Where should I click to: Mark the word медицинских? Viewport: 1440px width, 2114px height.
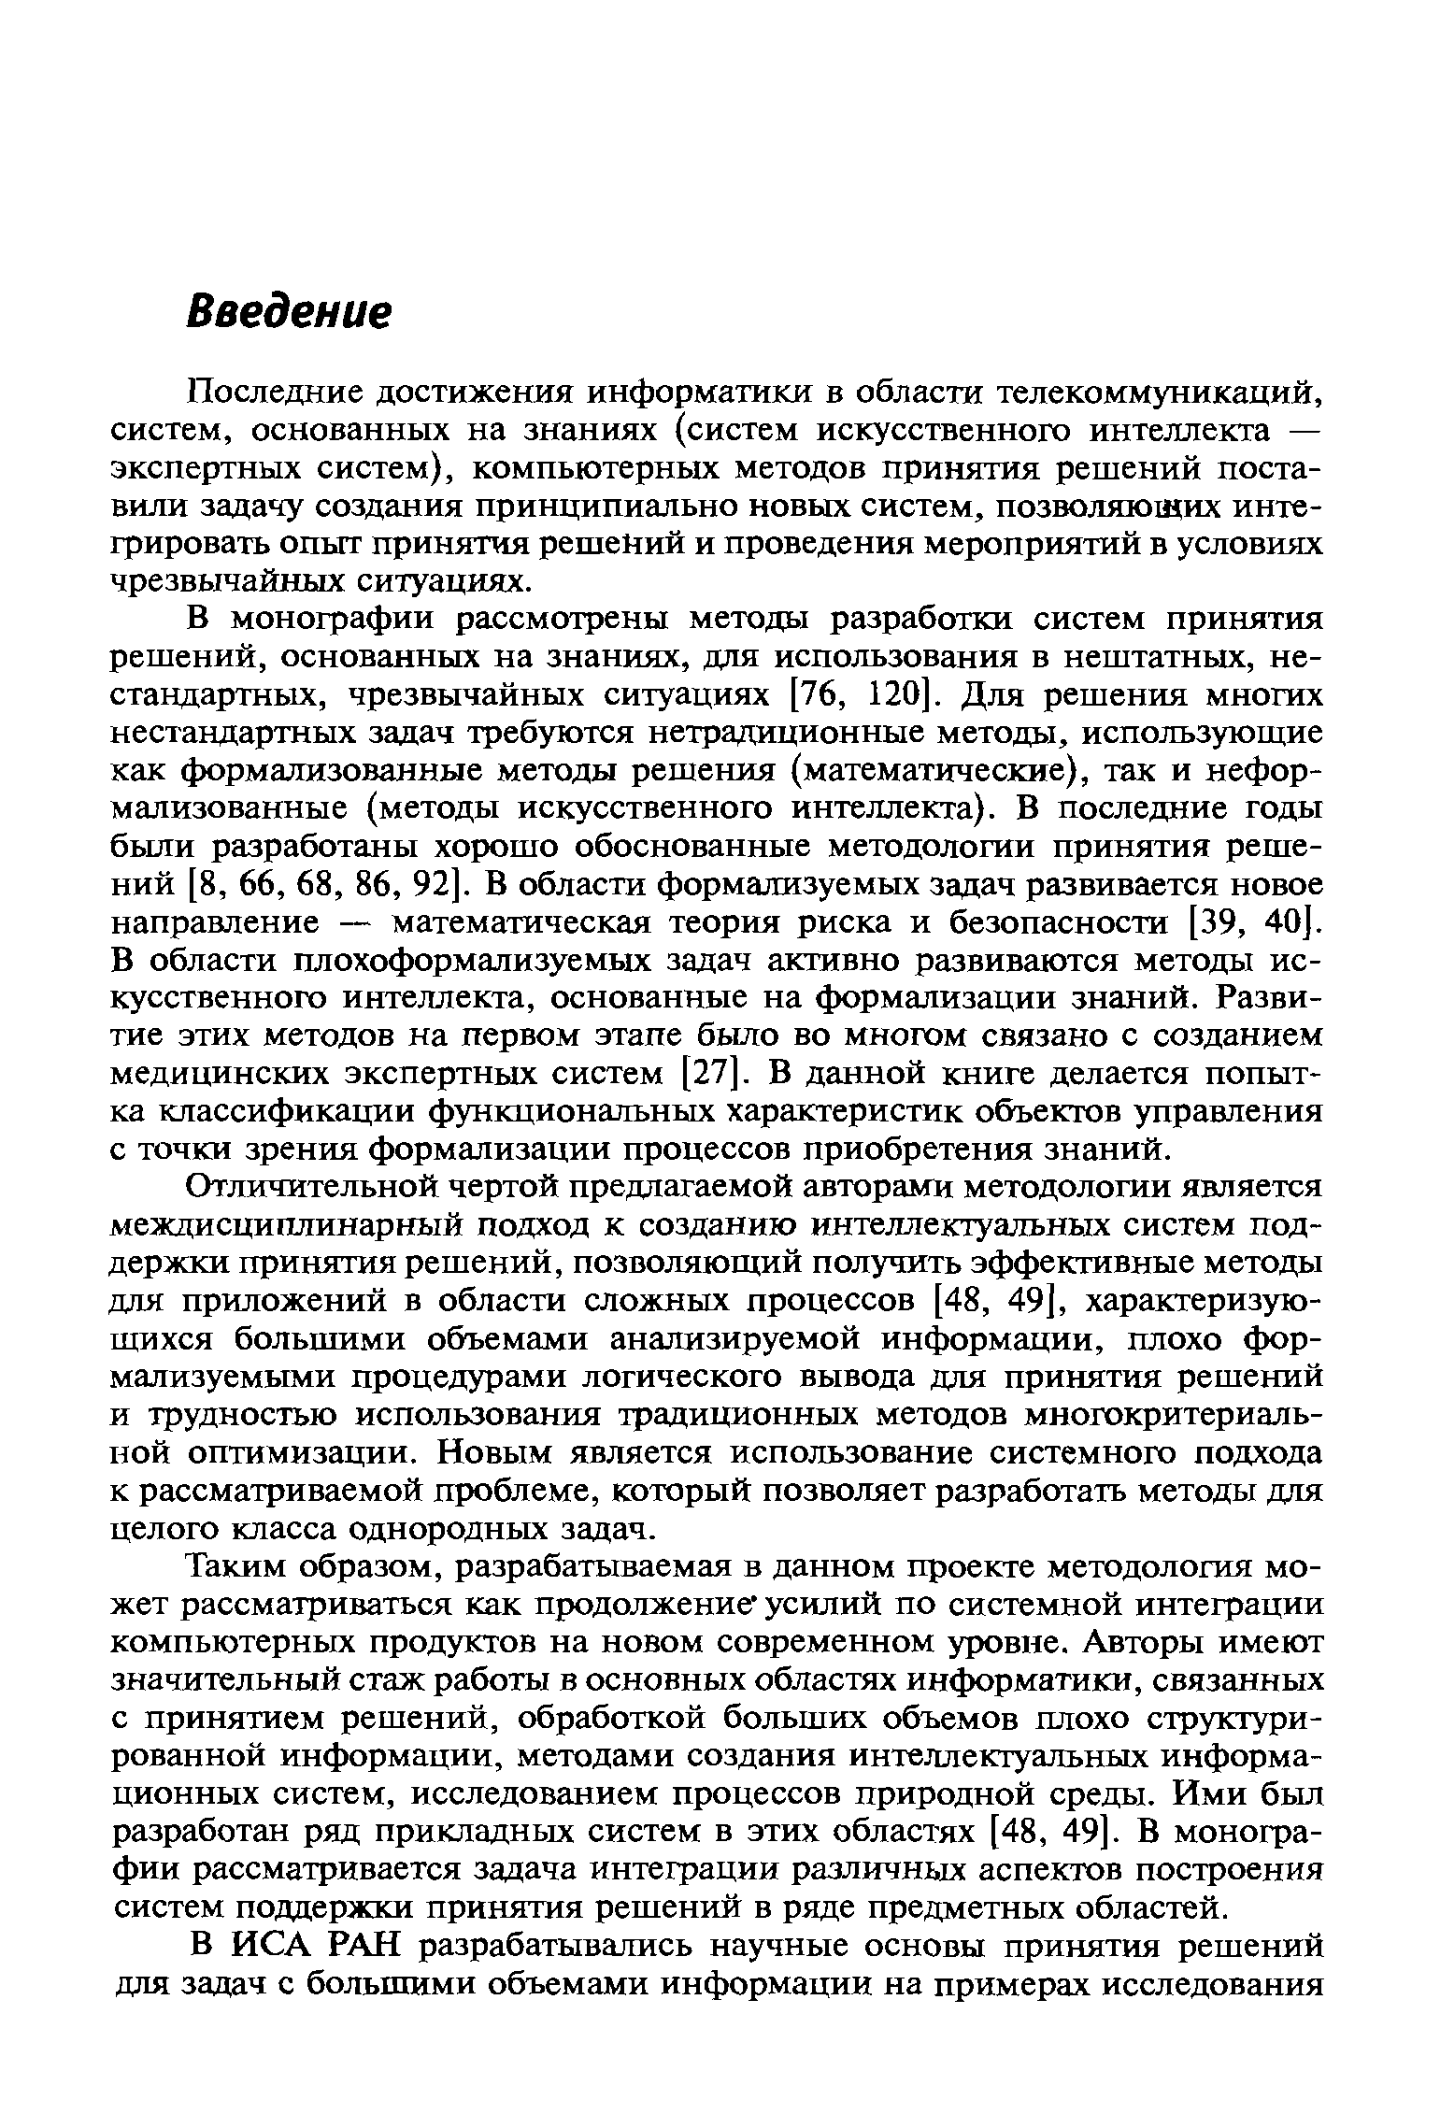tap(207, 1074)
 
